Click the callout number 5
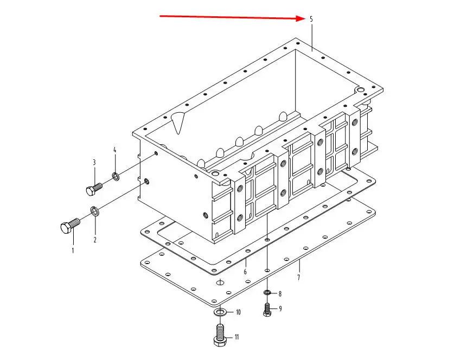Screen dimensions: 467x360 [311, 20]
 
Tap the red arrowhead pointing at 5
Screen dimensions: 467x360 [301, 18]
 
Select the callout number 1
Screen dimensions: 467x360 [73, 250]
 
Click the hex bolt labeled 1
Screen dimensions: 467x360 [70, 226]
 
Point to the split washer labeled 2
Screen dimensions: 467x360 [95, 211]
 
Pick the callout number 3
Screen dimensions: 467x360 [94, 162]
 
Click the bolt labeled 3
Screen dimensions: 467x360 [94, 189]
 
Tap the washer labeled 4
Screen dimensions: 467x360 [116, 176]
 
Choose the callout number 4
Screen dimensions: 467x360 [114, 150]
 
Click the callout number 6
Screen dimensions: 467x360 [245, 272]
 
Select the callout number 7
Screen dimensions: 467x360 [298, 278]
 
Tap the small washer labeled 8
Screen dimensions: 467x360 [267, 293]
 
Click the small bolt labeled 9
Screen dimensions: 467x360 [267, 310]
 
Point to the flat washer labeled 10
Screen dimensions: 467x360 [220, 312]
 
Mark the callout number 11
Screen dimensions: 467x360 [237, 337]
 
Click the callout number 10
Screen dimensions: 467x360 [238, 312]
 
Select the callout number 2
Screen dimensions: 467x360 [95, 240]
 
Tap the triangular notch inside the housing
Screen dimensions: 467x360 [178, 122]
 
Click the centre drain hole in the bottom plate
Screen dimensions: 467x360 [220, 282]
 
